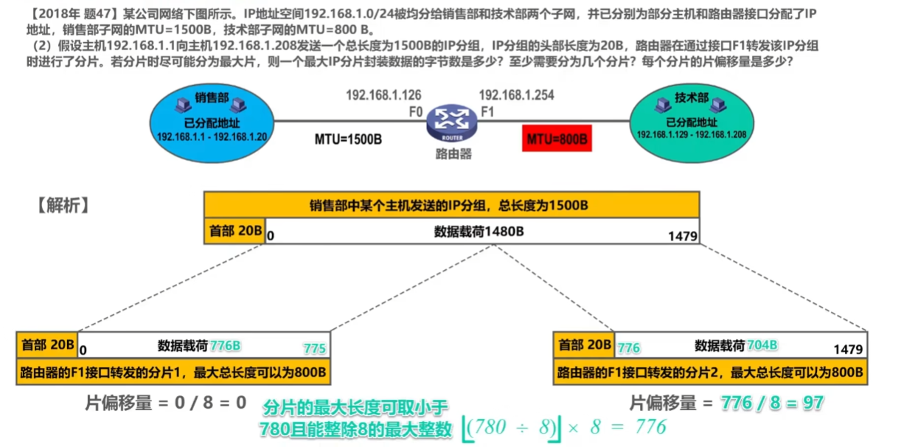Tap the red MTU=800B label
point(557,138)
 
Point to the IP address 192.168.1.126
point(383,94)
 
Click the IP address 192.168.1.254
point(516,94)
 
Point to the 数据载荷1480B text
point(479,231)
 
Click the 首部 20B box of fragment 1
point(46,344)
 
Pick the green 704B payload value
point(762,345)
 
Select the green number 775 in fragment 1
point(314,348)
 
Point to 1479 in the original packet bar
point(682,237)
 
